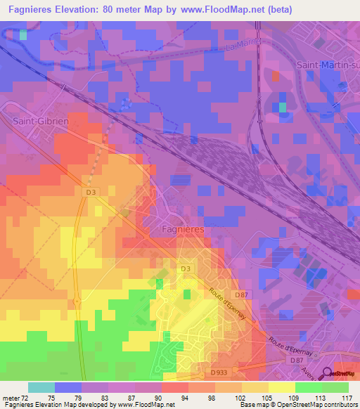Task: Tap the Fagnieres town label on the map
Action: [x=179, y=230]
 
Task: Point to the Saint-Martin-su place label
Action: [x=328, y=65]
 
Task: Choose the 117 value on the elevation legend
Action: [x=345, y=397]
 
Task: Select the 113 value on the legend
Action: [x=319, y=397]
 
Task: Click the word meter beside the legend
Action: [x=9, y=397]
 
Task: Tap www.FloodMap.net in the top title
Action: [x=218, y=9]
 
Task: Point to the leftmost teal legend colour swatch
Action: [x=41, y=387]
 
